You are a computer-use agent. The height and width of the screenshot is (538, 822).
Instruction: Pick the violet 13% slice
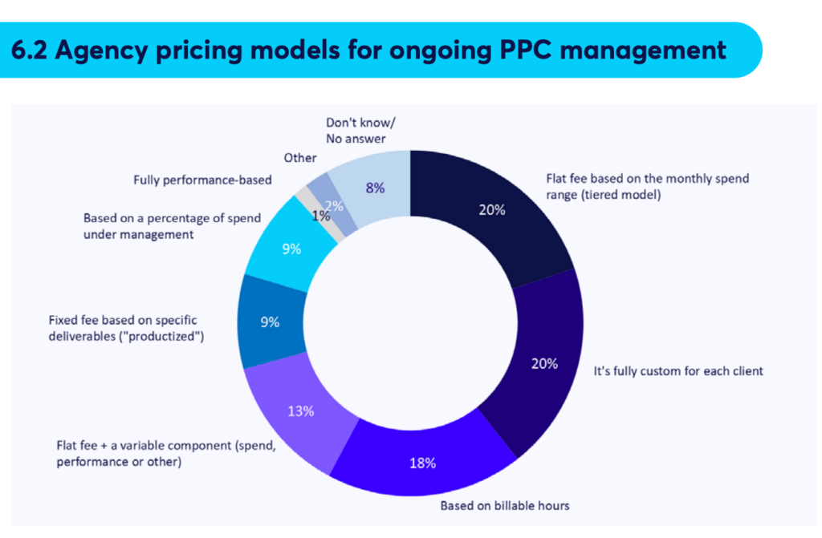(301, 411)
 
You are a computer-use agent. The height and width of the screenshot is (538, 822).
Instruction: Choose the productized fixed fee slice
(270, 322)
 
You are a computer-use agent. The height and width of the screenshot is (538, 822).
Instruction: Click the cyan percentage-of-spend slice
(291, 249)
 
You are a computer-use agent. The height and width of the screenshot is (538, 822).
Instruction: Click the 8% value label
(375, 188)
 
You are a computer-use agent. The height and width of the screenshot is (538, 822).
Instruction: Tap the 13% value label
(301, 411)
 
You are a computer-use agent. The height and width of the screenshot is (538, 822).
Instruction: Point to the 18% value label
(424, 463)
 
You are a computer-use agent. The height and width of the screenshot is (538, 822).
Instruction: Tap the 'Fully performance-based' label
(202, 180)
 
